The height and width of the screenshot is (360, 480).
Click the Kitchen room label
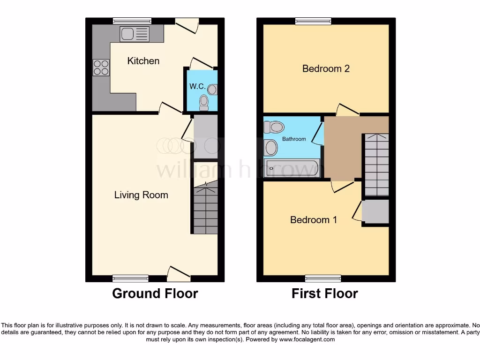pos(143,61)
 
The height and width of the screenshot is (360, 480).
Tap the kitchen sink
pos(134,33)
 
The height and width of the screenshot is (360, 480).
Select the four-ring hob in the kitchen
pos(101,68)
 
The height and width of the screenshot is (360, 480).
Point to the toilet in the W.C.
pos(203,102)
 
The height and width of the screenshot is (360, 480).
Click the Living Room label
pos(141,195)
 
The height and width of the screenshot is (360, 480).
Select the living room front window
pos(131,278)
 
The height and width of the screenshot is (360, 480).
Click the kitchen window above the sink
pos(132,21)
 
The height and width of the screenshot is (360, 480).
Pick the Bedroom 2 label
pos(326,69)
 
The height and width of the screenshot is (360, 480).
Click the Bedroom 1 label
pos(314,220)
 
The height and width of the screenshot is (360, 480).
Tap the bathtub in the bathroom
pos(292,168)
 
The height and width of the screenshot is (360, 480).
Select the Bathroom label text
pos(294,139)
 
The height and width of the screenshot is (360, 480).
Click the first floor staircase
pos(376,164)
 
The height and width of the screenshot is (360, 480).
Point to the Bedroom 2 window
pos(313,21)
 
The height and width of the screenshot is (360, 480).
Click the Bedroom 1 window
pos(323,278)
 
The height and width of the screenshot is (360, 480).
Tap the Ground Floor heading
pos(155,294)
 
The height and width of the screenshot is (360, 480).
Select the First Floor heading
pos(324,294)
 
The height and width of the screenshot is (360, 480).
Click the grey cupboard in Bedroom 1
pos(375,211)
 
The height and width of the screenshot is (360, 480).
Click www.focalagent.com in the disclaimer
pos(307,339)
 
